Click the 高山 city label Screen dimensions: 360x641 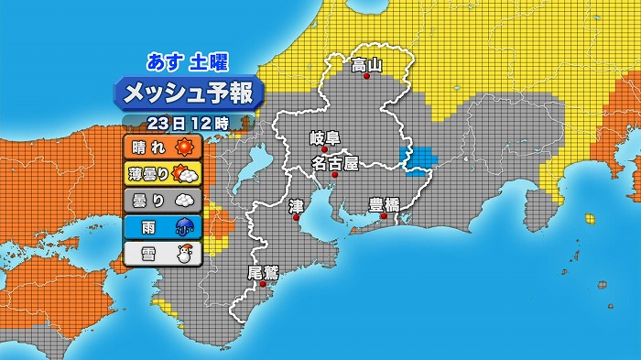tap(366, 64)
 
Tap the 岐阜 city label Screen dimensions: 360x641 tap(325, 138)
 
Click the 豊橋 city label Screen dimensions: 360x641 tap(384, 204)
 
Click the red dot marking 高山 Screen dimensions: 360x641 tap(366, 77)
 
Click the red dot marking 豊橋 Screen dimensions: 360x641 tap(384, 217)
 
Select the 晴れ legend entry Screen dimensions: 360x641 tap(161, 147)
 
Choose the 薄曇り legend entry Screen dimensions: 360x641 tap(161, 173)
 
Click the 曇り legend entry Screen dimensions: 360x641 tap(161, 200)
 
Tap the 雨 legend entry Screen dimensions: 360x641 tap(161, 226)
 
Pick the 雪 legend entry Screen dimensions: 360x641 tap(161, 253)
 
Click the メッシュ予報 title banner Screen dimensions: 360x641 tap(188, 93)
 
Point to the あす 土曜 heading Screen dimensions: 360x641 tap(188, 62)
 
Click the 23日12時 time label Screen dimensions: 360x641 tap(187, 122)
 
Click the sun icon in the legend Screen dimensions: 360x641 tap(187, 147)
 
